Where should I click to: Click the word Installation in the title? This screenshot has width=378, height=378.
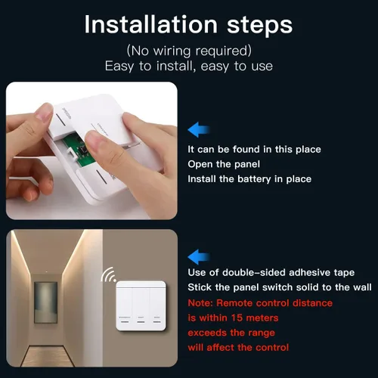(x=150, y=24)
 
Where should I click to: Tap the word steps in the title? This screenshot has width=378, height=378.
(x=260, y=26)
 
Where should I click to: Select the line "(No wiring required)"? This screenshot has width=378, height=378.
(x=189, y=51)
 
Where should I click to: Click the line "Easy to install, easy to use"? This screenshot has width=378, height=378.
(x=189, y=67)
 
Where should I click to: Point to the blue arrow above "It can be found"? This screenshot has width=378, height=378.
(x=199, y=130)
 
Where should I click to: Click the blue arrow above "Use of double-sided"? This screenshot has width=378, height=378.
(x=199, y=257)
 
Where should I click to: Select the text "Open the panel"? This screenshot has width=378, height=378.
(x=224, y=164)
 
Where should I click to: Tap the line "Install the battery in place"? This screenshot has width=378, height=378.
(x=249, y=179)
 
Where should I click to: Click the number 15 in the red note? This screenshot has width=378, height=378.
(x=237, y=318)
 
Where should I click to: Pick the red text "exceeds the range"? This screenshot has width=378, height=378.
(x=231, y=333)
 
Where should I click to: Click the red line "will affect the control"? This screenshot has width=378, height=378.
(x=238, y=348)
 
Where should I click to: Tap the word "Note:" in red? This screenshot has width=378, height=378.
(x=200, y=303)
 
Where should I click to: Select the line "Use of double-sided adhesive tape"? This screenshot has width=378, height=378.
(x=271, y=272)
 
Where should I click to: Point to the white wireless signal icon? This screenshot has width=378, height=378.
(x=109, y=275)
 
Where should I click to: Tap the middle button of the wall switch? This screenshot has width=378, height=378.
(x=141, y=308)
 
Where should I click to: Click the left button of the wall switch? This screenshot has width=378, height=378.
(x=125, y=308)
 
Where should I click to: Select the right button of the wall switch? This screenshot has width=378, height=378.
(x=157, y=308)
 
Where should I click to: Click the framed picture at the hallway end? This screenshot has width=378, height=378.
(x=45, y=302)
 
